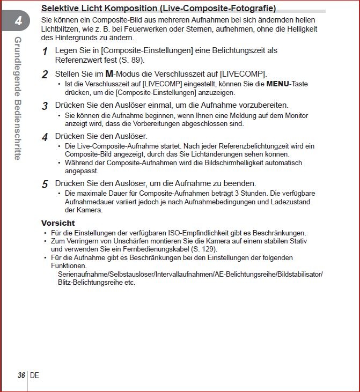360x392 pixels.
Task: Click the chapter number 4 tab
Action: point(18,22)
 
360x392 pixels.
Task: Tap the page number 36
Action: point(21,375)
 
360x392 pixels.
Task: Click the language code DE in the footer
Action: point(34,375)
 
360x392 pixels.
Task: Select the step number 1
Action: point(45,51)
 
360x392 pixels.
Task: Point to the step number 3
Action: point(45,106)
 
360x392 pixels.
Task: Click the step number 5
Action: point(45,184)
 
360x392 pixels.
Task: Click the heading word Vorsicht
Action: point(58,223)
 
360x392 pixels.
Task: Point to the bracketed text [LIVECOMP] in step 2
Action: point(243,74)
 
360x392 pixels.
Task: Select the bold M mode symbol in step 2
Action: point(109,74)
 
